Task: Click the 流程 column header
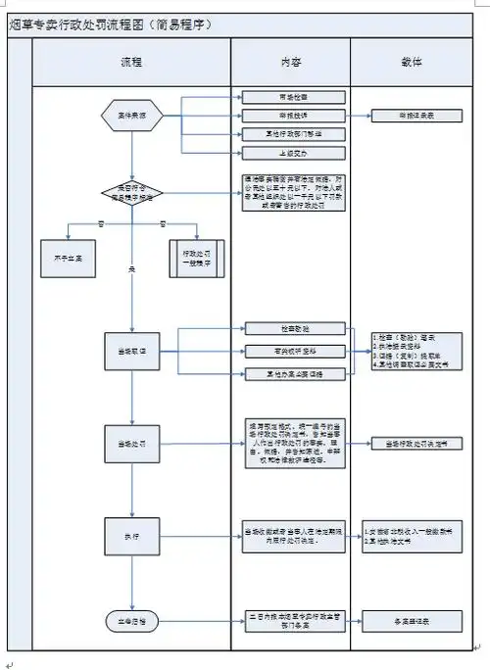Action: pos(131,63)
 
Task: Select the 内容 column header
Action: pos(291,63)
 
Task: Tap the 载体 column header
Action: pos(412,63)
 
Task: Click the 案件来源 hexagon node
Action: pos(131,116)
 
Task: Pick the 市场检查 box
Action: pos(281,97)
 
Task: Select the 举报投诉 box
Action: pos(281,116)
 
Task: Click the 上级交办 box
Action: pos(281,153)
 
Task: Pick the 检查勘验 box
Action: pos(281,328)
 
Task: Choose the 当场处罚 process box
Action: pos(131,444)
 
